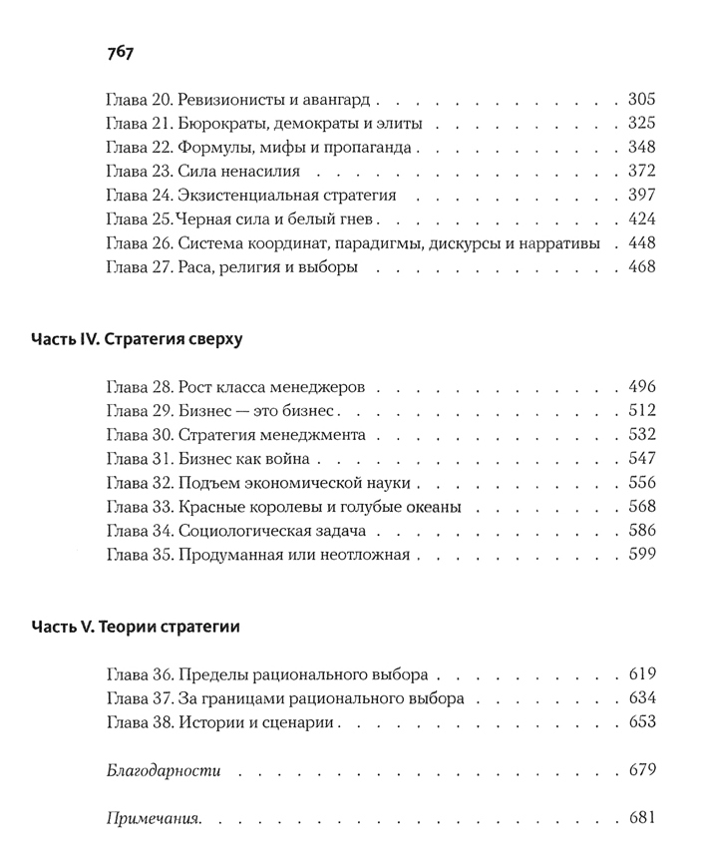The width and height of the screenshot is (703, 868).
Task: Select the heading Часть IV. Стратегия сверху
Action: (137, 338)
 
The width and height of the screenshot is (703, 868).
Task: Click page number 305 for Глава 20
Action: (642, 100)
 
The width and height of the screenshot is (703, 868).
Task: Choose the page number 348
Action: (642, 148)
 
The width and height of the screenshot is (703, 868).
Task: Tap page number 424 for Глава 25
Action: (642, 219)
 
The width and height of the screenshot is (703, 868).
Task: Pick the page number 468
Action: (642, 267)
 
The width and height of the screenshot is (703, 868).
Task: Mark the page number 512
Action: (642, 411)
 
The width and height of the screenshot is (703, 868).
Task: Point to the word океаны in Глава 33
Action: (431, 507)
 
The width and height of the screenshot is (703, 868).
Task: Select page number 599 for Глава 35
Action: (642, 554)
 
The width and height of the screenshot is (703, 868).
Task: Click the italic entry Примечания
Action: (154, 819)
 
